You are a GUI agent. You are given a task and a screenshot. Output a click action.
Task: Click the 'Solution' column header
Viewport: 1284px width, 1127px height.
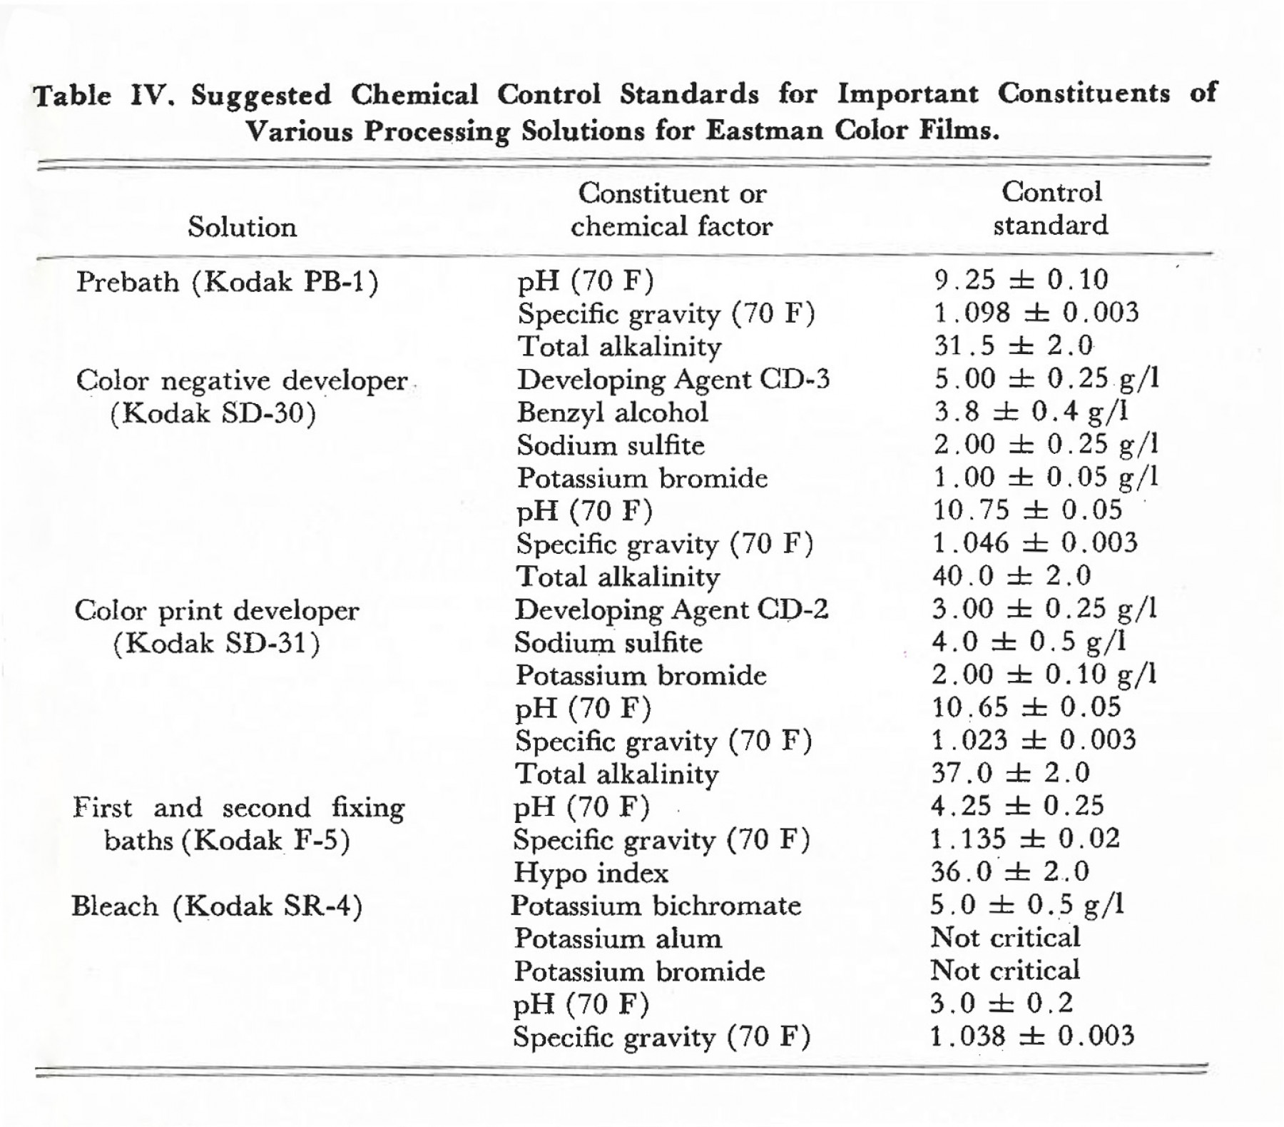coord(242,228)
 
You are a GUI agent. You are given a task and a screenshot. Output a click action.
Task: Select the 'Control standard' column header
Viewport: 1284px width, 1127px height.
coord(1051,208)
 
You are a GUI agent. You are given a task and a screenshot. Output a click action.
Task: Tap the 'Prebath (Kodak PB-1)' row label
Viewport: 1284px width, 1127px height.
coord(228,283)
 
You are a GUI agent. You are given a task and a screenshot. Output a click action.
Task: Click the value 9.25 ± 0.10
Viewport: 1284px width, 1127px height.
coord(1021,280)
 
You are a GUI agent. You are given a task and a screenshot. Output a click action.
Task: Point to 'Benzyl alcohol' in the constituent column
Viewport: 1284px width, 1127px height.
coord(613,413)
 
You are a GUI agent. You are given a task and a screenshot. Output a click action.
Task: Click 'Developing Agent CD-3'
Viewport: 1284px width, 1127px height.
coord(673,380)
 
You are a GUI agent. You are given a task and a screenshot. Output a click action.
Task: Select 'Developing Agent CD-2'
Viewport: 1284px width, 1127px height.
coord(671,610)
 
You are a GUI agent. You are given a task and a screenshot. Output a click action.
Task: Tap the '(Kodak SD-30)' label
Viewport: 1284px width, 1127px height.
coord(213,414)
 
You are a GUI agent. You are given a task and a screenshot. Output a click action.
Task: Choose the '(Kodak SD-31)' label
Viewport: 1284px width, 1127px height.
coord(216,645)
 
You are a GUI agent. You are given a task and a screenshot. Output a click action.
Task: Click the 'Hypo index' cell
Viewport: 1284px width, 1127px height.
coord(591,874)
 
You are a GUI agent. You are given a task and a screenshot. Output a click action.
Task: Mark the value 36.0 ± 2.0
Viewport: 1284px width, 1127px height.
coord(1010,871)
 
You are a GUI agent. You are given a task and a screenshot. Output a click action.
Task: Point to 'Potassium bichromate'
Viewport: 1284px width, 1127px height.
coord(656,906)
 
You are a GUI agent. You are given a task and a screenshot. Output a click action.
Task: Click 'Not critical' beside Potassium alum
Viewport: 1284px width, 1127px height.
coord(1006,938)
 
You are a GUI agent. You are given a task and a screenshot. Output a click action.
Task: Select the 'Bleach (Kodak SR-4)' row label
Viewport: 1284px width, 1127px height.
coord(217,907)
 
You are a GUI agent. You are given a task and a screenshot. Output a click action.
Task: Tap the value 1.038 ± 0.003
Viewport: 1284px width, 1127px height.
coord(1032,1036)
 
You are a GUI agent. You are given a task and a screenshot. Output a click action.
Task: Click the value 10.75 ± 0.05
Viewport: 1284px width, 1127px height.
coord(1028,510)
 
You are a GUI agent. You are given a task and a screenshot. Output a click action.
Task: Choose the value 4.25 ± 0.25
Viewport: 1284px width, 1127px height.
coord(1017,806)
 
